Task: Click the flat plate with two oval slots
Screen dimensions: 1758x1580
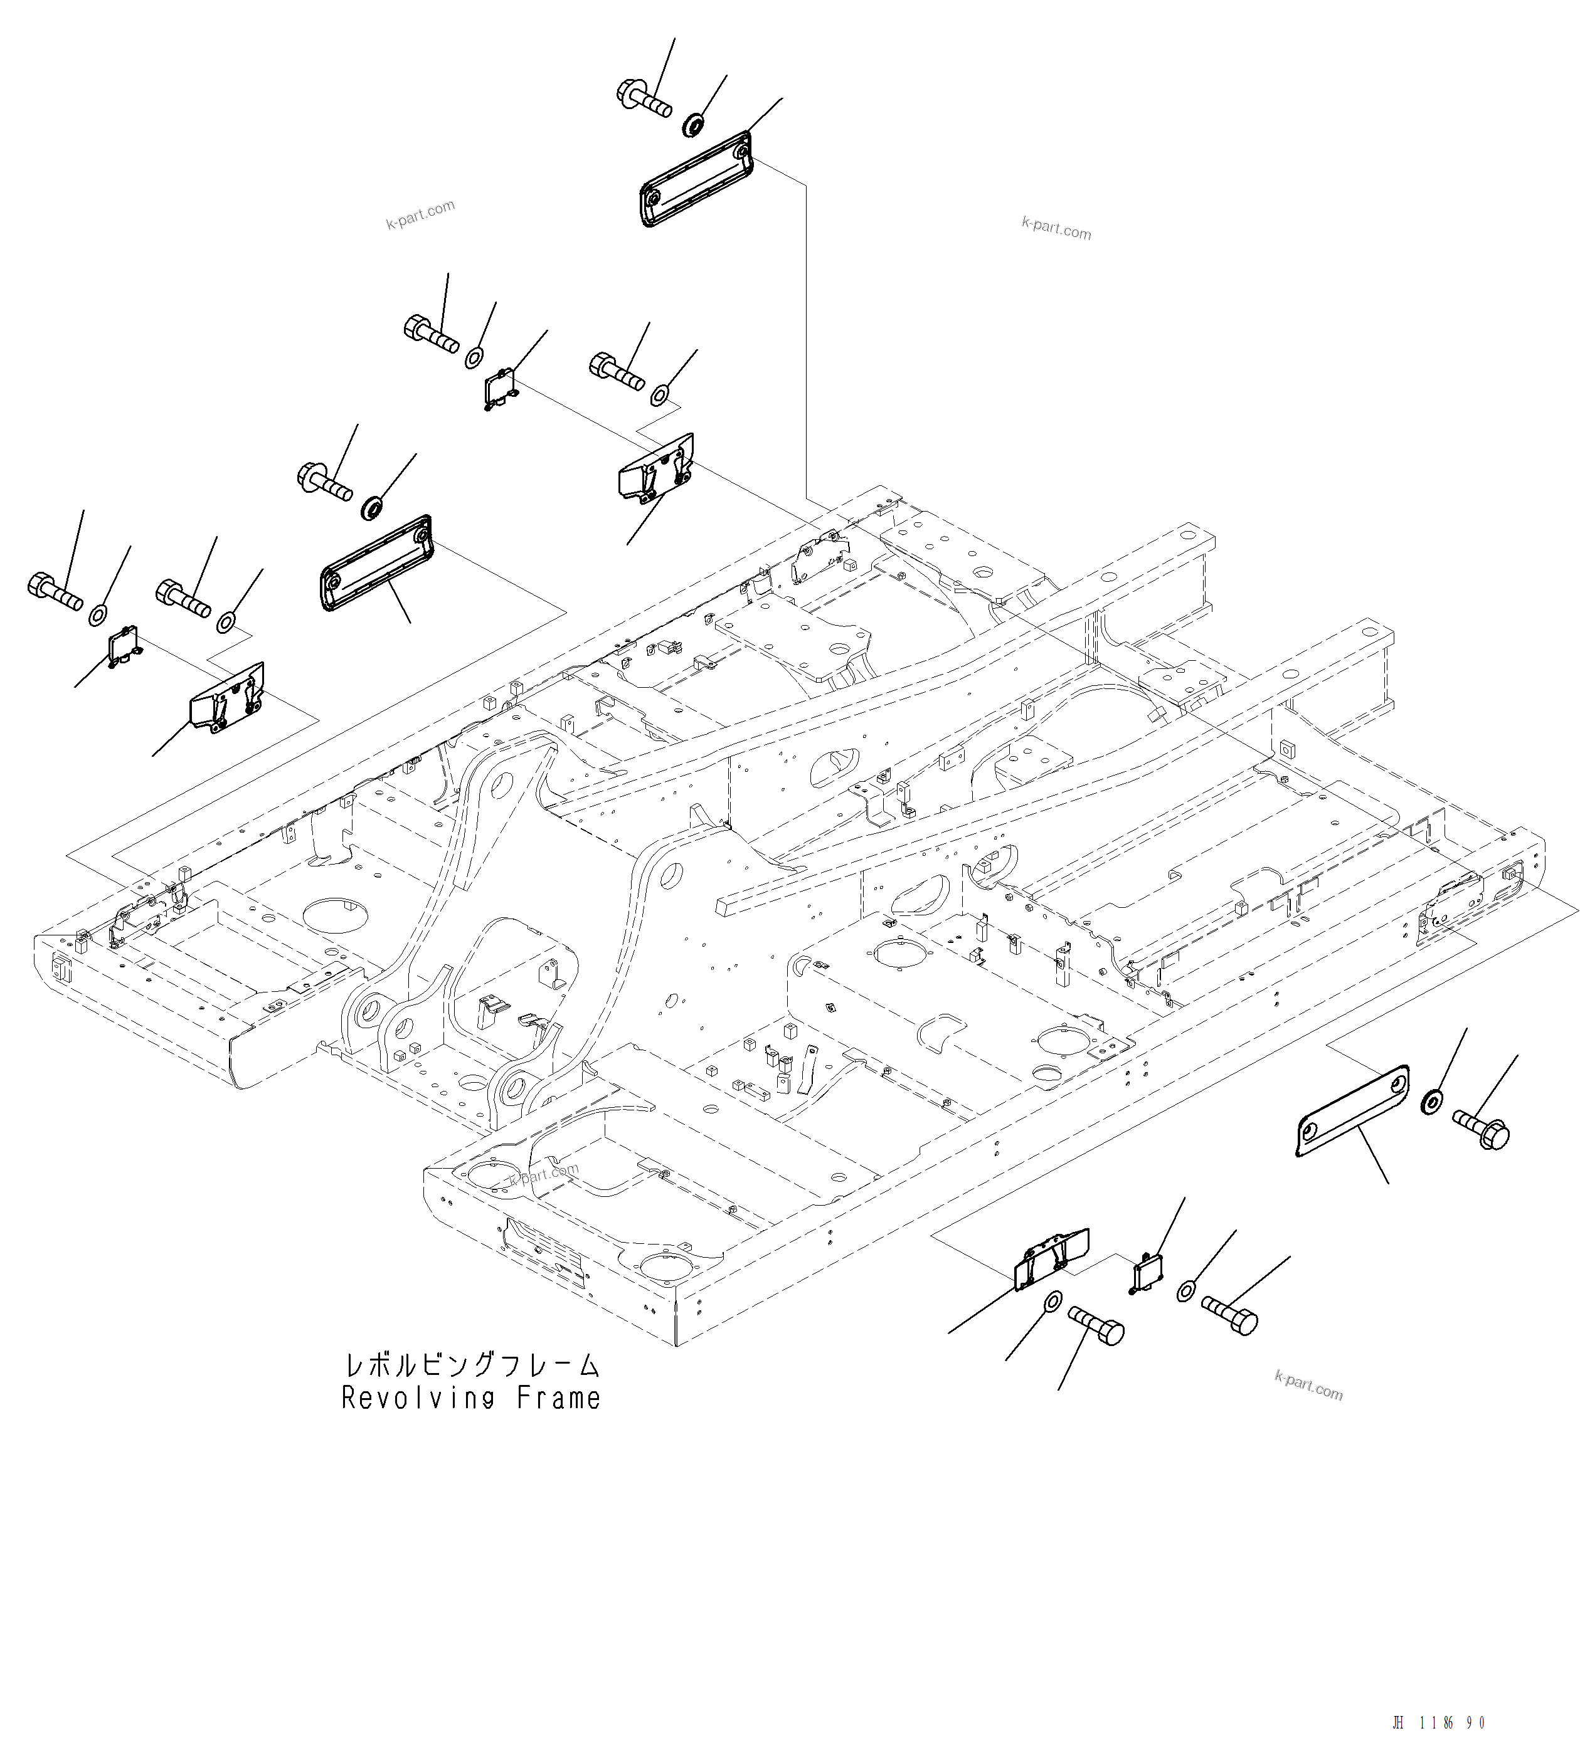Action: [1352, 1112]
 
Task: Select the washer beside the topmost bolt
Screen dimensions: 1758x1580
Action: [692, 125]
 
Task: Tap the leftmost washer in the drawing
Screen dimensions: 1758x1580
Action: [98, 615]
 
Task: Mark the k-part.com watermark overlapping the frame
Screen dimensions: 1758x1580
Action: [543, 1174]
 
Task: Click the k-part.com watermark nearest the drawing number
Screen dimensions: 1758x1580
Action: [1308, 1386]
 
